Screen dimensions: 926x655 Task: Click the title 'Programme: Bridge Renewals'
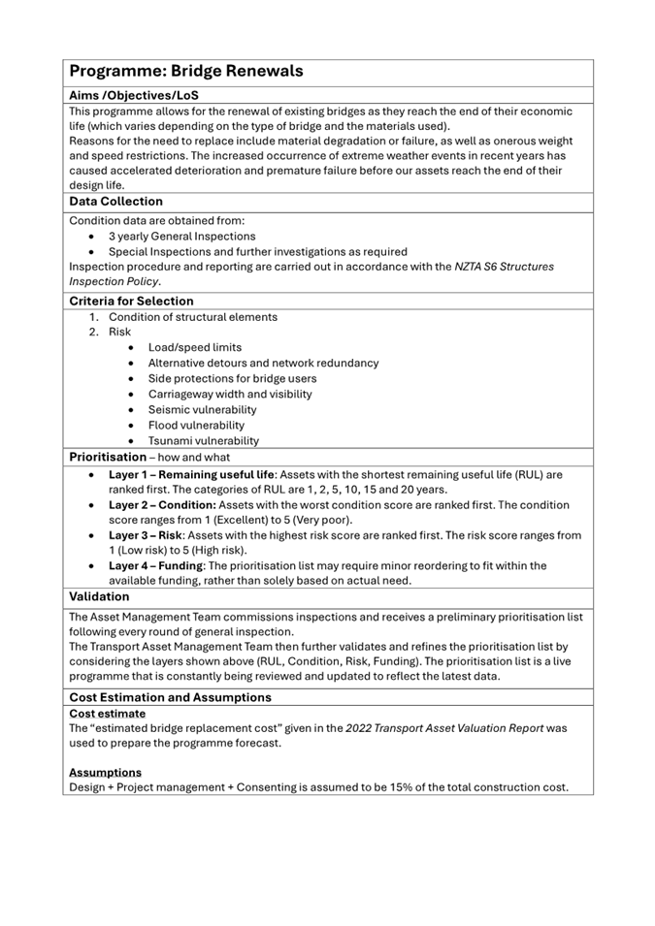click(x=185, y=71)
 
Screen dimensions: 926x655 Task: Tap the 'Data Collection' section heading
click(x=115, y=202)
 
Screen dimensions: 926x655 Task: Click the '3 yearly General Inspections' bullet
click(x=181, y=236)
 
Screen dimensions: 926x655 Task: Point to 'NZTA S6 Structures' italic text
click(x=505, y=267)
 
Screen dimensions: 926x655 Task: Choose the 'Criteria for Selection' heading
click(x=131, y=301)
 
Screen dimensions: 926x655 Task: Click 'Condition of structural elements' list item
click(x=192, y=317)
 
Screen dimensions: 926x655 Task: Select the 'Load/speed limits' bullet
click(x=194, y=347)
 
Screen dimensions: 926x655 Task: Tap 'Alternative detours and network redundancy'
click(x=263, y=363)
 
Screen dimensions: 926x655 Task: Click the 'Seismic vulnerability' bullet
click(x=202, y=409)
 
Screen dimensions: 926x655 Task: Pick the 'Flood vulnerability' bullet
click(x=196, y=425)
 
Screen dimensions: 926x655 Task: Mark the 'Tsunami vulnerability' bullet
click(x=203, y=440)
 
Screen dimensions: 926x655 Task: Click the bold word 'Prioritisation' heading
click(x=107, y=456)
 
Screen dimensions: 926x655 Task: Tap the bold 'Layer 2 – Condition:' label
click(x=161, y=505)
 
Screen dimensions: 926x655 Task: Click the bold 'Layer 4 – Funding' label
click(x=155, y=565)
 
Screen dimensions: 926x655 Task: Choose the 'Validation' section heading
click(x=98, y=597)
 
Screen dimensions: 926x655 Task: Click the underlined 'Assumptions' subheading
click(x=105, y=772)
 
